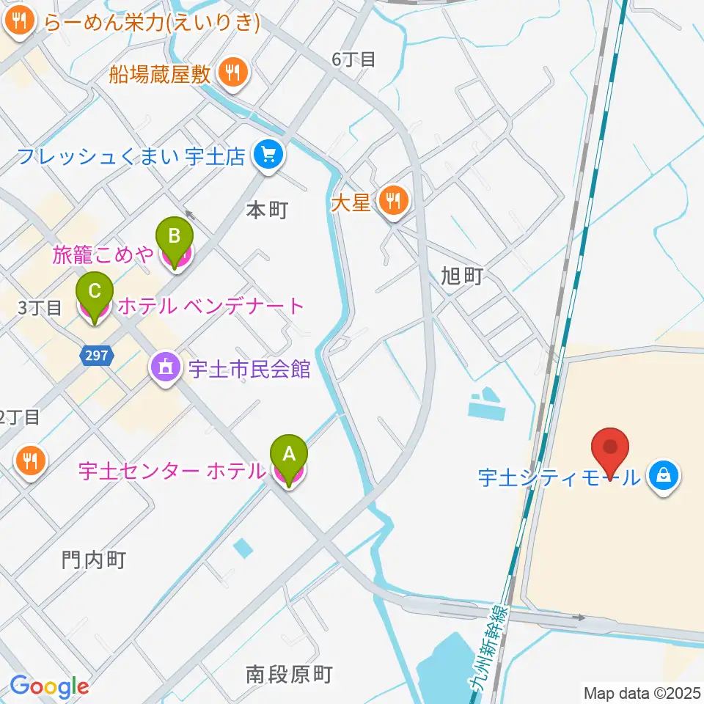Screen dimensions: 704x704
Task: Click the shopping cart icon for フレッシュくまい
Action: (x=267, y=155)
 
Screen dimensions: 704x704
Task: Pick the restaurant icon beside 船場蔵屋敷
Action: (x=234, y=73)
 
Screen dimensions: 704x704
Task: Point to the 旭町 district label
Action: (x=462, y=276)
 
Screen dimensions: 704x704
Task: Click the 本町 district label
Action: (x=266, y=210)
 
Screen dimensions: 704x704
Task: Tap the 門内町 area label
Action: (x=94, y=561)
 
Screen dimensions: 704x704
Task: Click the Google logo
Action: (x=49, y=687)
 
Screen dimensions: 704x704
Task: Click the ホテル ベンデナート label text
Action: (x=210, y=306)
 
